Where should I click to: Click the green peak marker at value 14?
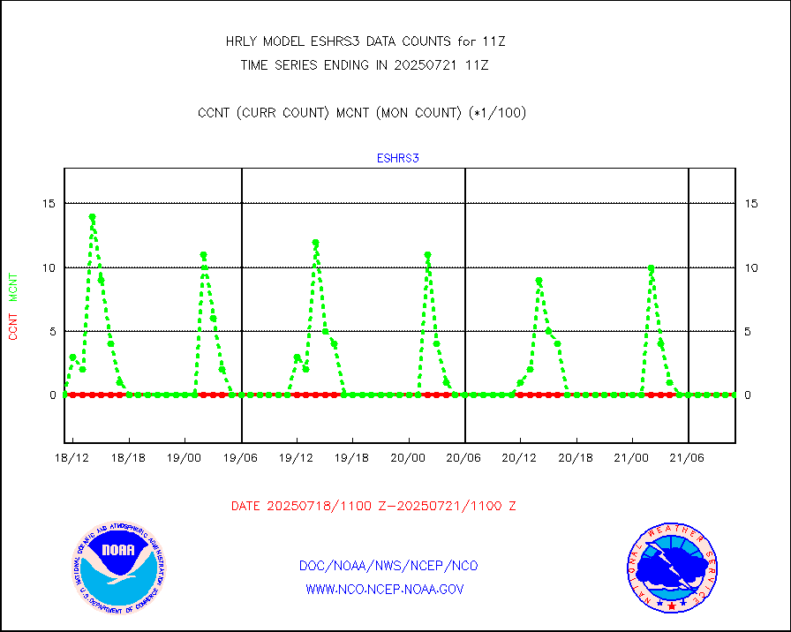92,216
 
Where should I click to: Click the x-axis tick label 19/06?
240,458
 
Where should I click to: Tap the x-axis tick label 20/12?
520,458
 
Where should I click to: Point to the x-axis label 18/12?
72,458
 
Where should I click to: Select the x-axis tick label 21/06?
687,458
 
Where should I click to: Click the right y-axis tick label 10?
750,267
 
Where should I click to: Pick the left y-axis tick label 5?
50,332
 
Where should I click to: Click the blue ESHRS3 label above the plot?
397,159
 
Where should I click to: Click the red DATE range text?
373,507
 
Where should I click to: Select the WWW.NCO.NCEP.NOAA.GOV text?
385,589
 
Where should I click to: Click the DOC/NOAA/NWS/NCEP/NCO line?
388,566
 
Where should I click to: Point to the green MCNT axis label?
13,288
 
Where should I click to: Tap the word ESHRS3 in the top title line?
332,41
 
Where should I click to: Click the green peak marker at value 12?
315,242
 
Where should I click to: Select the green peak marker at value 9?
539,281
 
